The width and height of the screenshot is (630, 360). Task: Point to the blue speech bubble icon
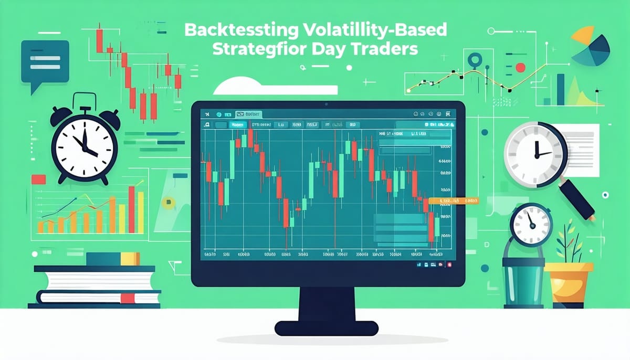[x=45, y=61]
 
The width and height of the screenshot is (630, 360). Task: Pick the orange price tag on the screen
[x=454, y=201]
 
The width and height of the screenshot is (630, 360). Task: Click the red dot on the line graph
[x=520, y=67]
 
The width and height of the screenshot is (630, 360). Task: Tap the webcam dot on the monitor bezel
[x=327, y=97]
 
